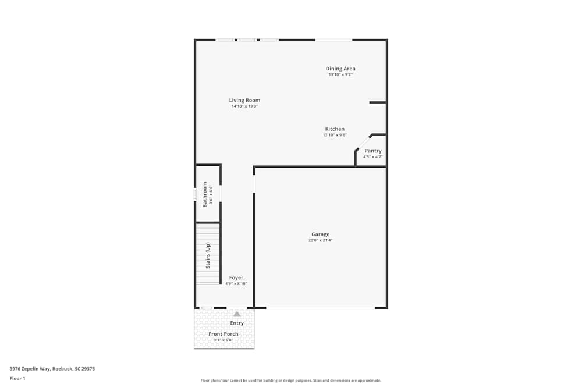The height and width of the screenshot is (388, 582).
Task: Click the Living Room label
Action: (x=244, y=100)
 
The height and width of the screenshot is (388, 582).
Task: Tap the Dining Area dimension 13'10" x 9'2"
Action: (x=340, y=74)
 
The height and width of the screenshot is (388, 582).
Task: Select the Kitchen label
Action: (x=335, y=129)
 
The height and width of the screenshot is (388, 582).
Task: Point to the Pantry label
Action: (x=372, y=151)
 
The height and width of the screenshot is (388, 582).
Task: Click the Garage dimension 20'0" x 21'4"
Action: (x=321, y=240)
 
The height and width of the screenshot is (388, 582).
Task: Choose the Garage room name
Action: (x=320, y=234)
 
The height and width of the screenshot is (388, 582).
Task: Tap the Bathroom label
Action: (x=205, y=194)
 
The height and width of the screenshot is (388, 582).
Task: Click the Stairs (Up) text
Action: (x=208, y=255)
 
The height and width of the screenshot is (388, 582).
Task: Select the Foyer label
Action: (x=236, y=277)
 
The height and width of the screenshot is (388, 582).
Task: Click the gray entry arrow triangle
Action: (x=237, y=314)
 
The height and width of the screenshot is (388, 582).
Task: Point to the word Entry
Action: (x=237, y=323)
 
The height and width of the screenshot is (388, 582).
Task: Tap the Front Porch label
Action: (x=223, y=334)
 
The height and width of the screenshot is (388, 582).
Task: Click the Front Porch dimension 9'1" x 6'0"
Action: (x=223, y=340)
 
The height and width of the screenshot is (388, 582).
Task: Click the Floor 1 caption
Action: (x=17, y=378)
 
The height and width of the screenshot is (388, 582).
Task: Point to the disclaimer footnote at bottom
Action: (x=291, y=380)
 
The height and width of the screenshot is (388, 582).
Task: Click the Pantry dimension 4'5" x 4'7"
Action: (x=372, y=156)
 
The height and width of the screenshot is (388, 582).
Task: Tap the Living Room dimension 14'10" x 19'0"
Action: (x=244, y=106)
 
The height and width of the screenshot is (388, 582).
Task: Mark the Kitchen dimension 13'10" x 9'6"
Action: (x=335, y=135)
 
